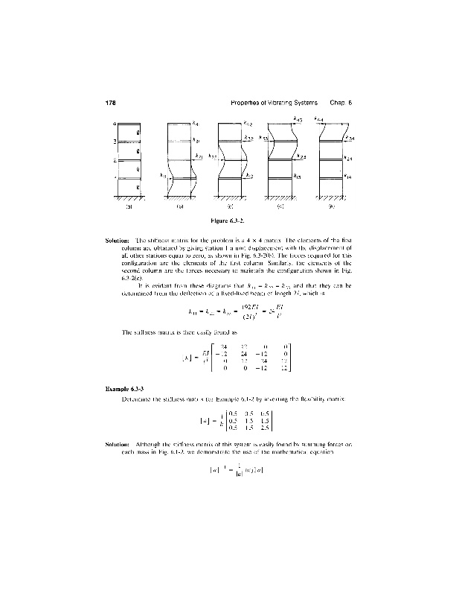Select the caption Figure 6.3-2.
tap(230, 221)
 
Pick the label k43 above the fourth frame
tap(297, 118)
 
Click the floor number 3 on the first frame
tap(115, 142)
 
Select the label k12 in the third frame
tap(251, 176)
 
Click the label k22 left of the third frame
tap(214, 156)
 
